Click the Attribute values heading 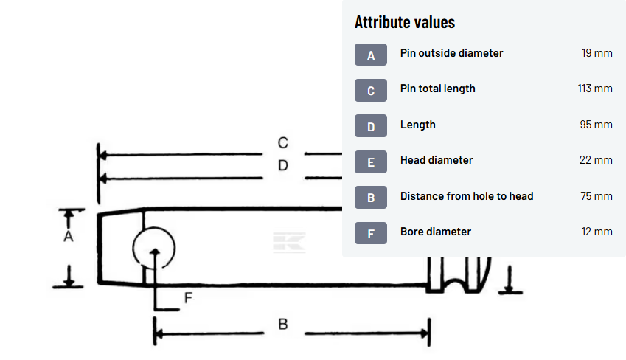(x=405, y=22)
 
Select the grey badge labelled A (x=370, y=55)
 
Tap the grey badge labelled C (x=370, y=91)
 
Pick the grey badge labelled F (x=370, y=233)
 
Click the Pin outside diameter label (x=451, y=53)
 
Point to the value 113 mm (x=595, y=89)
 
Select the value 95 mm (x=596, y=125)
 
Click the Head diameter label (x=437, y=160)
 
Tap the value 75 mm (x=596, y=196)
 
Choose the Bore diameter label (x=435, y=232)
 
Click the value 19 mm (x=597, y=53)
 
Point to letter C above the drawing (x=282, y=142)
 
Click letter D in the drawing (x=282, y=166)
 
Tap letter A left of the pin (x=69, y=237)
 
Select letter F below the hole (x=188, y=298)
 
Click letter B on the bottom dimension (x=282, y=324)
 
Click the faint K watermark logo (x=289, y=243)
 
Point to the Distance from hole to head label (x=467, y=196)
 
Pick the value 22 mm (x=596, y=160)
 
